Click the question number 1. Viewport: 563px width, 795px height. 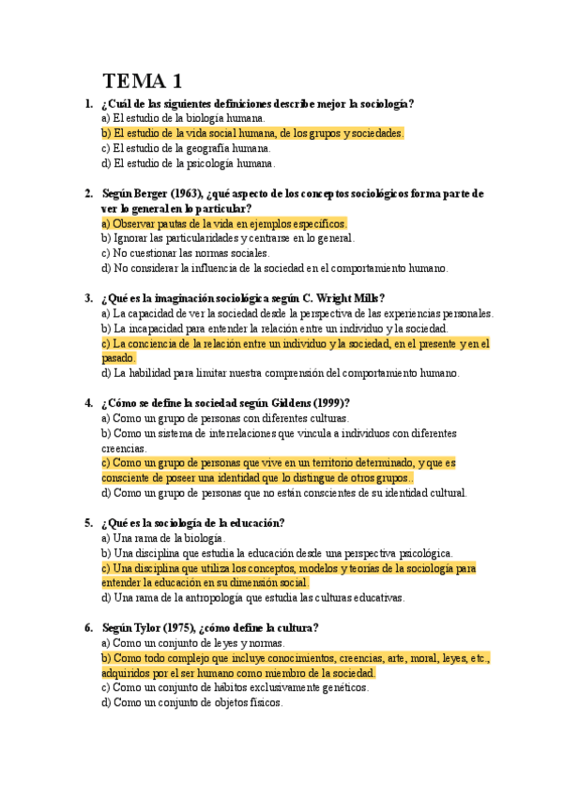(x=87, y=104)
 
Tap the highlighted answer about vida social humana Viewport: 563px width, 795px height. (x=252, y=134)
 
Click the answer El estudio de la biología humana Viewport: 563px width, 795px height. (x=183, y=119)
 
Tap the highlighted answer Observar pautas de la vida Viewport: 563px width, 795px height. (x=224, y=223)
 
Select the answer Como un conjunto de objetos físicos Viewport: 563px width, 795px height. (x=191, y=703)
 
